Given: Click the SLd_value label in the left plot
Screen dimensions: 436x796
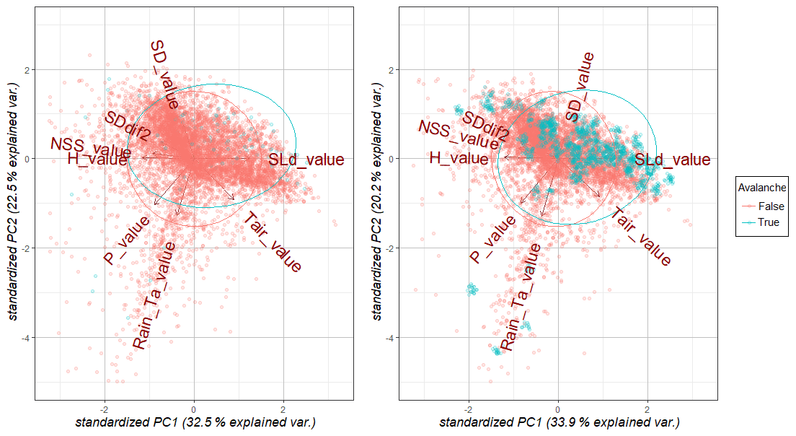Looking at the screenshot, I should (x=306, y=160).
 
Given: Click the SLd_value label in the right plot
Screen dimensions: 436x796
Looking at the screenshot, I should (x=672, y=160).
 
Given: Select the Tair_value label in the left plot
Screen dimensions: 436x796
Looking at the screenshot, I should (x=272, y=243).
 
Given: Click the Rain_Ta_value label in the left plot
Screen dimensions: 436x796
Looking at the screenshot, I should (x=154, y=295).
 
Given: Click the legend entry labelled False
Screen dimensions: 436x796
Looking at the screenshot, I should (x=770, y=206).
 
